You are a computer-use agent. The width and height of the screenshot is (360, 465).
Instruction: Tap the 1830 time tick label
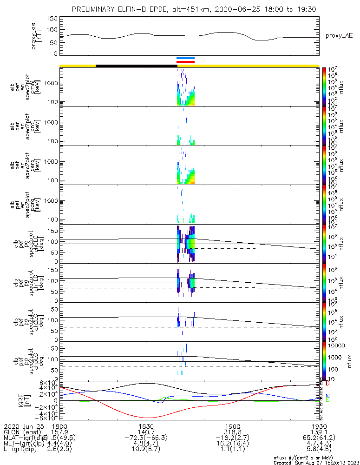tap(146, 426)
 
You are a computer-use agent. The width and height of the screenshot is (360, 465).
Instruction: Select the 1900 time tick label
tap(232, 426)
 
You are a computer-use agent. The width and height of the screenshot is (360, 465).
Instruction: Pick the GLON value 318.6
tap(232, 432)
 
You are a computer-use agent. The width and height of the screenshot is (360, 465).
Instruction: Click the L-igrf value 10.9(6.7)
tap(146, 450)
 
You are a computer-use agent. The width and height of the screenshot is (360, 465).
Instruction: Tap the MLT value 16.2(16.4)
tap(232, 444)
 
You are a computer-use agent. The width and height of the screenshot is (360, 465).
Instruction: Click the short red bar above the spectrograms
tap(185, 61)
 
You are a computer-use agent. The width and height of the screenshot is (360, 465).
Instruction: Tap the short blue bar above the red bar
tap(185, 58)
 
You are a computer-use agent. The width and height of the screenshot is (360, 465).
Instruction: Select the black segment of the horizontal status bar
tap(136, 66)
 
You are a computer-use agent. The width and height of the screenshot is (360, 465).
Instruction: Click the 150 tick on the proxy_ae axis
tap(52, 19)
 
